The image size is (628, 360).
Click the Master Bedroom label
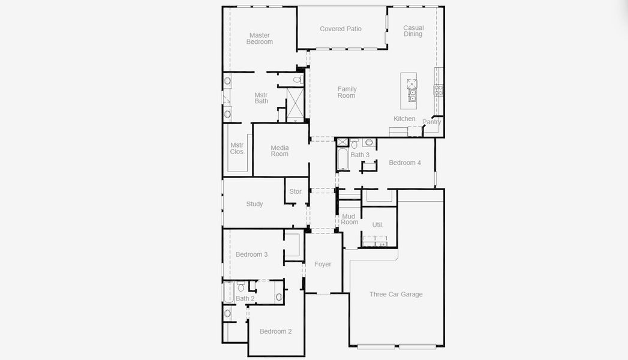pos(260,38)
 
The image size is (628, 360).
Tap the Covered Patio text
pos(341,29)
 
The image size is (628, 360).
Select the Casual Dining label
pos(413,31)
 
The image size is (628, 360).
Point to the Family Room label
pos(347,92)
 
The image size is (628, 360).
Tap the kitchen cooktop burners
pos(438,91)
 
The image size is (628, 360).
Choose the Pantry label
pos(431,122)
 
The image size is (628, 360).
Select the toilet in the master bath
pos(297,79)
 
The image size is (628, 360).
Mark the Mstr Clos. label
pos(238,148)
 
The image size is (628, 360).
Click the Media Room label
pos(280,151)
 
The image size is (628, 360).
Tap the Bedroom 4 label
pos(405,163)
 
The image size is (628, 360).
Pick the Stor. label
pos(296,191)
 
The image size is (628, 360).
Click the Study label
pos(254,204)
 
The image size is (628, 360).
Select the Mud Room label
pos(349,219)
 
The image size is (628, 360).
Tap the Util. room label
pos(377,225)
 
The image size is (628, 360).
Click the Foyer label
pos(323,264)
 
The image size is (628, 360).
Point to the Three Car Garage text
pos(396,294)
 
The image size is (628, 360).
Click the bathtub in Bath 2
pos(228,292)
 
